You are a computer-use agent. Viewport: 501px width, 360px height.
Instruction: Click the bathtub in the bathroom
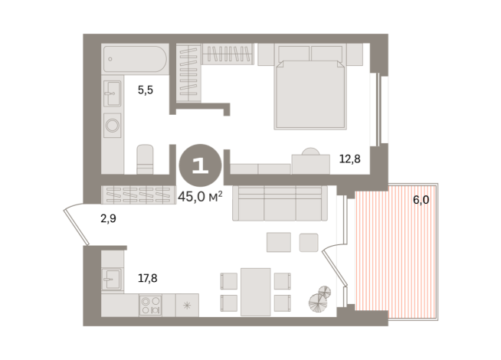coord(135,57)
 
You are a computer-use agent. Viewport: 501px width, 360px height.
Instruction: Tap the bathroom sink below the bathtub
coord(113,94)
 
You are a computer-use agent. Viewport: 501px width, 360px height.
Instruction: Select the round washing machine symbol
coord(113,125)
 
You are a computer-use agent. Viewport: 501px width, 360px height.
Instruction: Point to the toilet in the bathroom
coord(145,159)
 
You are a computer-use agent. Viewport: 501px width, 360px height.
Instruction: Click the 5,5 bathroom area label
coord(146,90)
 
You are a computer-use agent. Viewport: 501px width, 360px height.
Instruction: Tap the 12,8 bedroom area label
coord(349,159)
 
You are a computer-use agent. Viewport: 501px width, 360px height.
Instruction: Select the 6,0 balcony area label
coord(421,200)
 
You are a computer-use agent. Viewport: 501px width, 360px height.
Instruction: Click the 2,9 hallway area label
coord(109,219)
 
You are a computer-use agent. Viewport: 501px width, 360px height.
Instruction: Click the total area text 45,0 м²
coord(200,196)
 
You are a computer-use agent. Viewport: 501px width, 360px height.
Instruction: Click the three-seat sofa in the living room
coord(280,203)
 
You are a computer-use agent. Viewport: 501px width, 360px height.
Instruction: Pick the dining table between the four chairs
coord(255,291)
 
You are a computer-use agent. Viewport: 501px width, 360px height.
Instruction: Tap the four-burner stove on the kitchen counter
coord(149,305)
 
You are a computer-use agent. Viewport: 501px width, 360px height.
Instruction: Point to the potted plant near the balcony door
coord(321,299)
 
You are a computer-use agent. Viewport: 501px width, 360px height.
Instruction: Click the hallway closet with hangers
coord(137,193)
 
